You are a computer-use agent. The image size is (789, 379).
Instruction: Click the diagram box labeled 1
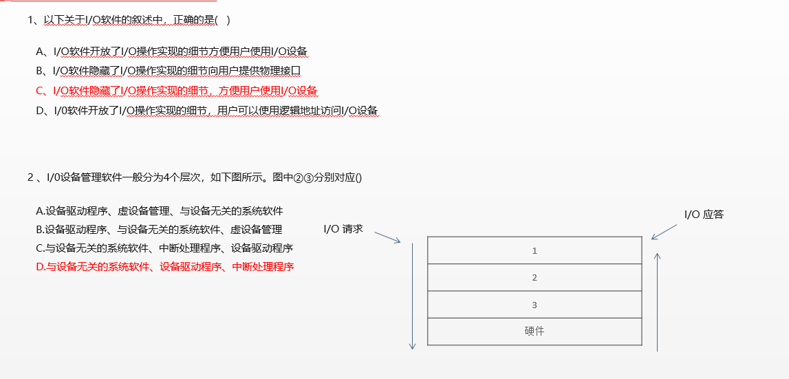534,251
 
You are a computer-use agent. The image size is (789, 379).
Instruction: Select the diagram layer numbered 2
534,278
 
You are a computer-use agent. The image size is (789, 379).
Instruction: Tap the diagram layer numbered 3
534,305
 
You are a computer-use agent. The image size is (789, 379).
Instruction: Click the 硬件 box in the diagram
534,332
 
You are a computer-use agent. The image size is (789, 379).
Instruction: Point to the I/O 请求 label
343,229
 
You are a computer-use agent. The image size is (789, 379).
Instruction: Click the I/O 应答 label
704,215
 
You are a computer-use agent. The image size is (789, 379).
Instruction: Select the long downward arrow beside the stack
413,296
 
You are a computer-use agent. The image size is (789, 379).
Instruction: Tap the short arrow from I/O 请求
387,236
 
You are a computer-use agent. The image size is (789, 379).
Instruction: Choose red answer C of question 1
177,91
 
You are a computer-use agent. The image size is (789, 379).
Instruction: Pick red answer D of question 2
165,267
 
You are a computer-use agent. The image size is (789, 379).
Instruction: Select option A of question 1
172,52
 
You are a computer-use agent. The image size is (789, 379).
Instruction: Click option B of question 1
169,71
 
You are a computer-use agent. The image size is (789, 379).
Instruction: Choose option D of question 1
207,111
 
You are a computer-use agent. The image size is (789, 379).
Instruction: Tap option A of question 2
160,211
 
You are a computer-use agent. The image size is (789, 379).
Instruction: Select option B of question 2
159,230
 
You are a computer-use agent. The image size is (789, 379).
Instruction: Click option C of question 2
164,248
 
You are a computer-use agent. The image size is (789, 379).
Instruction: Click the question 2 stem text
195,177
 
